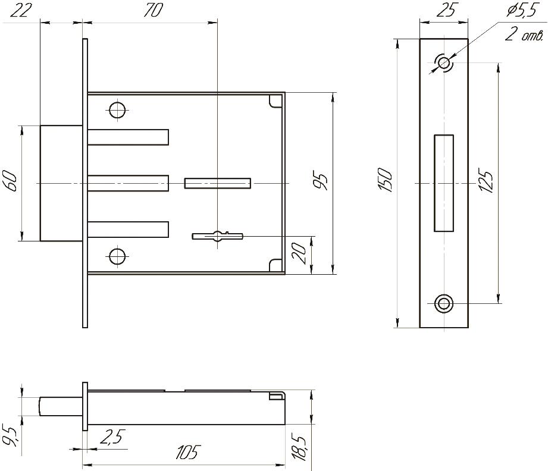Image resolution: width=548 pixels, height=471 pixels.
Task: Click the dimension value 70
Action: (153, 11)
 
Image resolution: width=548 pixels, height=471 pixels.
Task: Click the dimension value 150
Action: (385, 181)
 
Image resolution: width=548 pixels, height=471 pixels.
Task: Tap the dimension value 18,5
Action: (301, 448)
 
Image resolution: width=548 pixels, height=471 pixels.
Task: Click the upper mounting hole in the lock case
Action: (117, 109)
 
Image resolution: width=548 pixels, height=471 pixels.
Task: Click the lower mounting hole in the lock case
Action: (117, 256)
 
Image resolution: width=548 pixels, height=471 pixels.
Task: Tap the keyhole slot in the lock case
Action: (218, 236)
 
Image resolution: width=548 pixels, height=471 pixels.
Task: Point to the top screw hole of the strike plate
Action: (443, 62)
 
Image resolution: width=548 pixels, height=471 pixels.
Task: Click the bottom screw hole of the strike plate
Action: (443, 303)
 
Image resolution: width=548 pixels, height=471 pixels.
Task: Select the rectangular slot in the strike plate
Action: (443, 183)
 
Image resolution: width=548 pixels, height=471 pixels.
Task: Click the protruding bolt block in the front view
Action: (61, 183)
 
